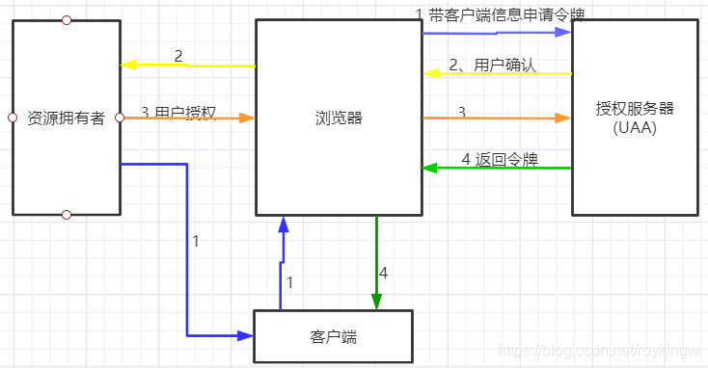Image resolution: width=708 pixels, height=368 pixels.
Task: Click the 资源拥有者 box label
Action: tap(66, 118)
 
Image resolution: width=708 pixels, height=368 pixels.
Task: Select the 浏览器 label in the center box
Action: tap(339, 118)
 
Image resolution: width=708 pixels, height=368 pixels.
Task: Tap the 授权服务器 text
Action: tap(634, 109)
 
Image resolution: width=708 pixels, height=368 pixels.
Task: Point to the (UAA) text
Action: tap(634, 127)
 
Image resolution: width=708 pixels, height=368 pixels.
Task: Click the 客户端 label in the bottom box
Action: tap(333, 336)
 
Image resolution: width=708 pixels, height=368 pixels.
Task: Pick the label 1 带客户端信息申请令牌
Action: tap(500, 13)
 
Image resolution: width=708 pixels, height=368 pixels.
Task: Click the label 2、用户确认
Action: tap(492, 66)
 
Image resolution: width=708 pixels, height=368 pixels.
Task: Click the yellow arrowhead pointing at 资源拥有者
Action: tap(127, 66)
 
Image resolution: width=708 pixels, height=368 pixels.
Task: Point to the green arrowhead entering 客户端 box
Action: tap(376, 302)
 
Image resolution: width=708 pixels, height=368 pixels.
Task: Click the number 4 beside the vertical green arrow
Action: tap(383, 273)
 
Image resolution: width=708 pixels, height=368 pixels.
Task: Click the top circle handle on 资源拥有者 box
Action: tap(66, 19)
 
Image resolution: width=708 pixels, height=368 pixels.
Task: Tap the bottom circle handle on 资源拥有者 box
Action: tap(66, 214)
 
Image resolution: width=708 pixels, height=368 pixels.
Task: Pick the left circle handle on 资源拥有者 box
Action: tap(12, 118)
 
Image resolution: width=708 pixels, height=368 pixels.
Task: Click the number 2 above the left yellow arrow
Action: tap(178, 56)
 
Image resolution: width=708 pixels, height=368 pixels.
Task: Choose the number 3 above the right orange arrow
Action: tap(461, 112)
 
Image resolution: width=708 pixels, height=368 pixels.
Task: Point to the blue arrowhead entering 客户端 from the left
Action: tap(248, 336)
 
